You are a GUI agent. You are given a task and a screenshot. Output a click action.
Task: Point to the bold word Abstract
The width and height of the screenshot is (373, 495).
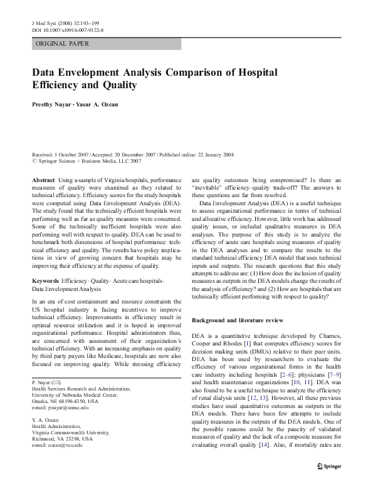[x=43, y=180]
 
